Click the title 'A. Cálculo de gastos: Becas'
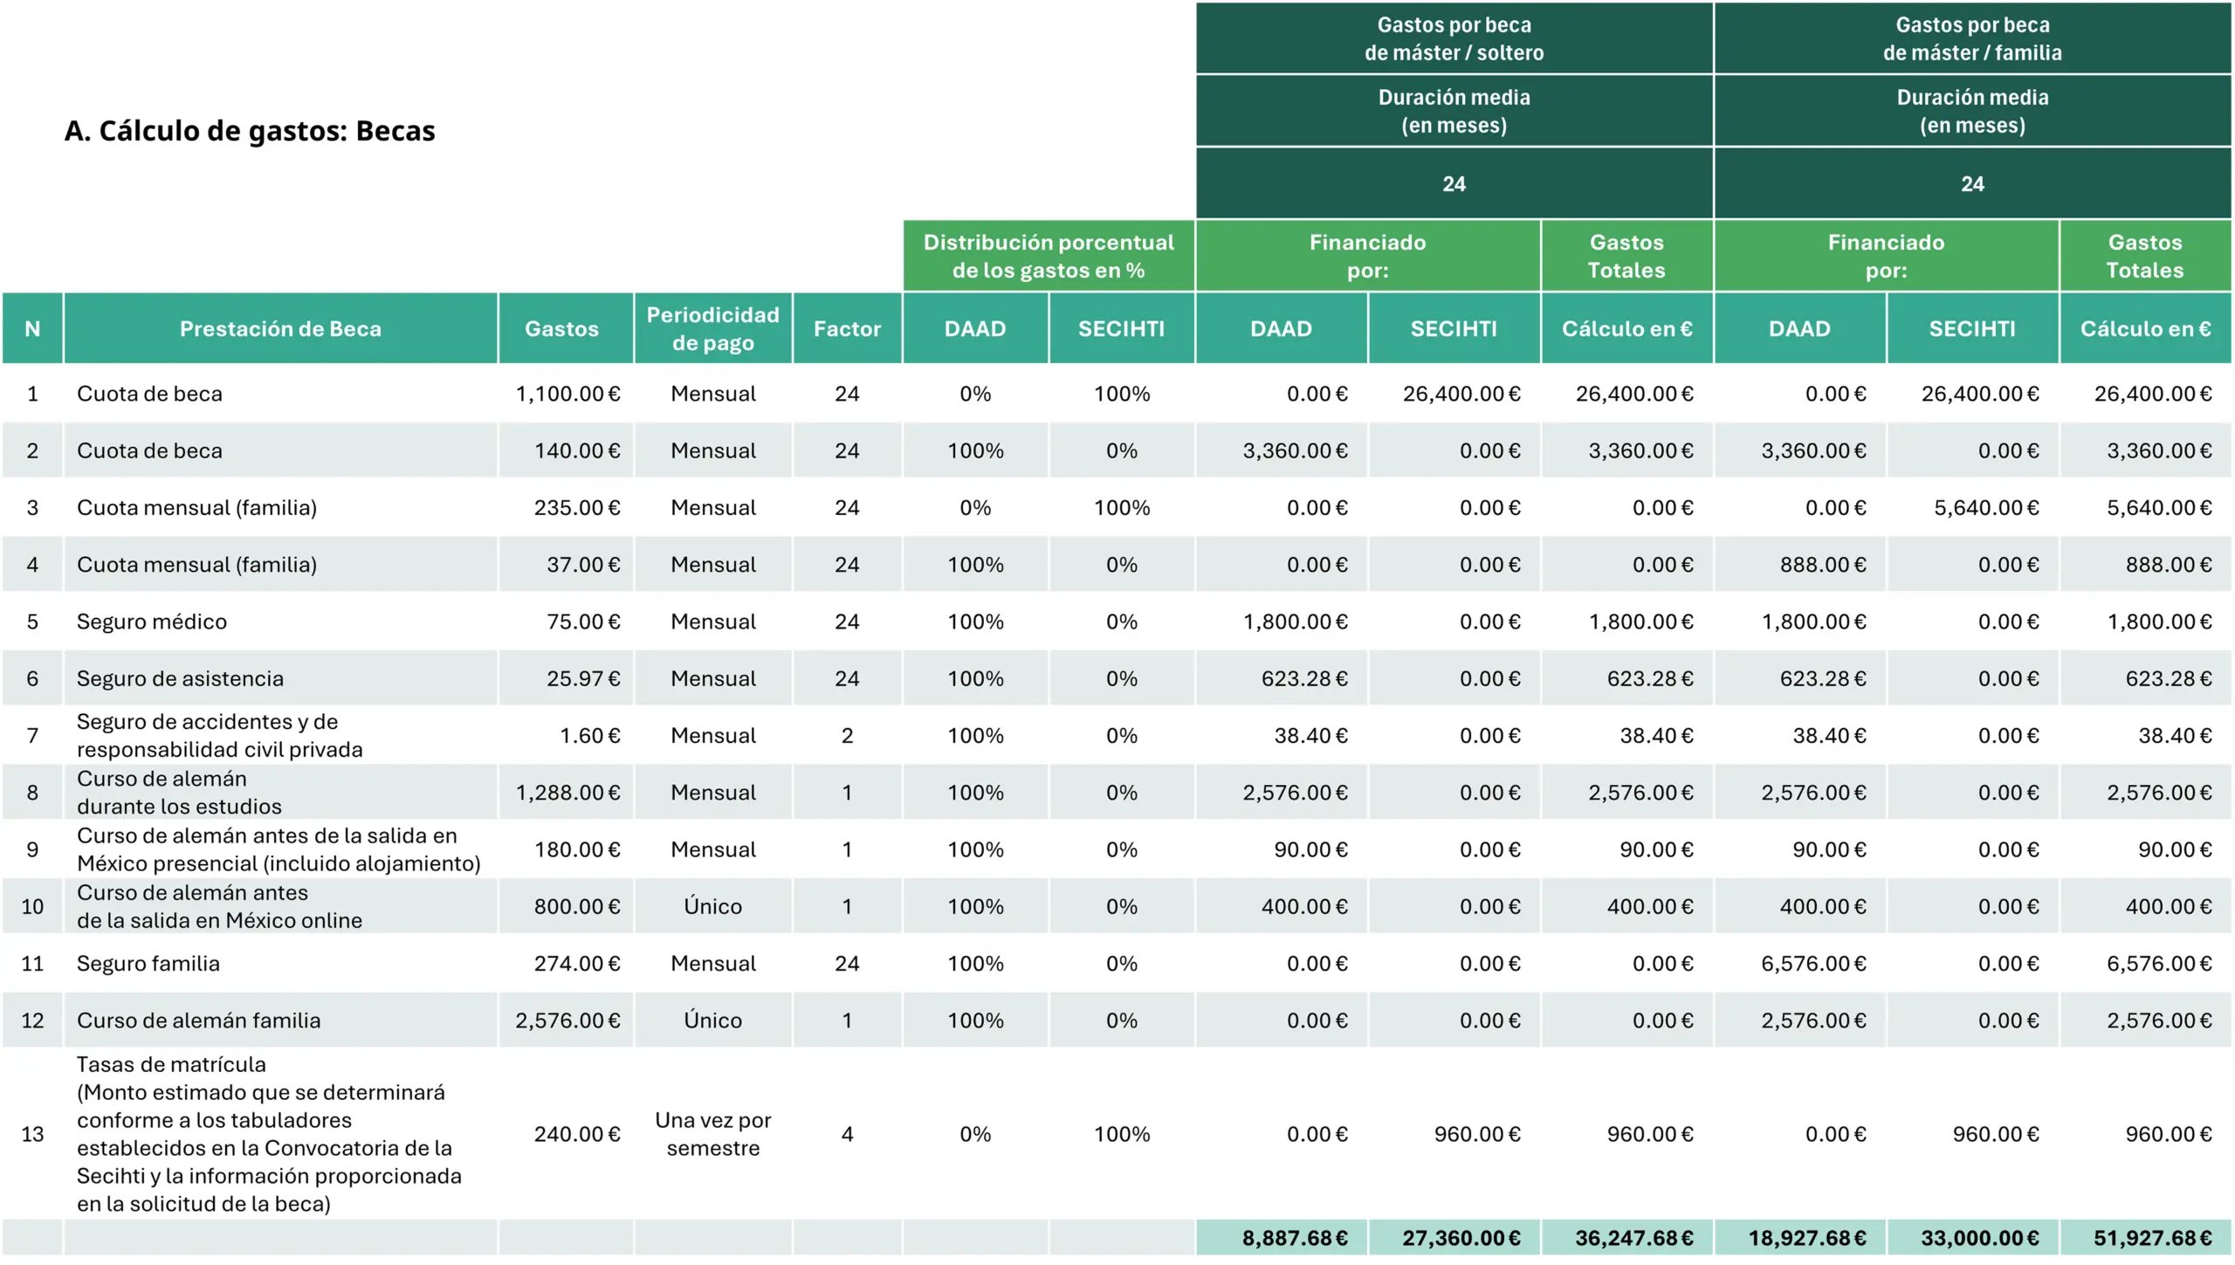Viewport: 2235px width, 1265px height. point(250,131)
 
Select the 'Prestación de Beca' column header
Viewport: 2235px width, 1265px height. point(280,329)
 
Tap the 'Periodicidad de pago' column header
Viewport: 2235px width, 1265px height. point(712,329)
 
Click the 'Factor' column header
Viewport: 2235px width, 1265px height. point(847,329)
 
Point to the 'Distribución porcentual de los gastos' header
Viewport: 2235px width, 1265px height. point(1049,256)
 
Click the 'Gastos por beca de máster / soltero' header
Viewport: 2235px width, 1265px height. point(1454,39)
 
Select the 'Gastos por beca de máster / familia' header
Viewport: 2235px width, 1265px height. point(1972,39)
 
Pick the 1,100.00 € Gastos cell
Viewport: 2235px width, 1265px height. point(567,394)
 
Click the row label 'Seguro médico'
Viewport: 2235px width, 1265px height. point(152,622)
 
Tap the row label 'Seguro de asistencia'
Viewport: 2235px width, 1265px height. point(180,678)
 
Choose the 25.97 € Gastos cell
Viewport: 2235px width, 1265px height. point(583,678)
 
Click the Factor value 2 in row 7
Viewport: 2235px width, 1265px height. point(847,736)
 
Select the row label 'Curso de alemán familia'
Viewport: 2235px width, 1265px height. point(198,1021)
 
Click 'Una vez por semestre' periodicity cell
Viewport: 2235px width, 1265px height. point(712,1134)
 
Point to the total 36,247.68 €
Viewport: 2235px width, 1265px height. point(1633,1238)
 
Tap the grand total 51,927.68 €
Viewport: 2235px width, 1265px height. point(2152,1238)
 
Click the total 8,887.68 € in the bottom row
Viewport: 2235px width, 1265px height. point(1295,1238)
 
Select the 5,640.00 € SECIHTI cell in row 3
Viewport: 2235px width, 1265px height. point(1986,508)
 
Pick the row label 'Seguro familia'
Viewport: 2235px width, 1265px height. point(148,964)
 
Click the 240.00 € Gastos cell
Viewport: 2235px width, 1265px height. point(577,1134)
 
